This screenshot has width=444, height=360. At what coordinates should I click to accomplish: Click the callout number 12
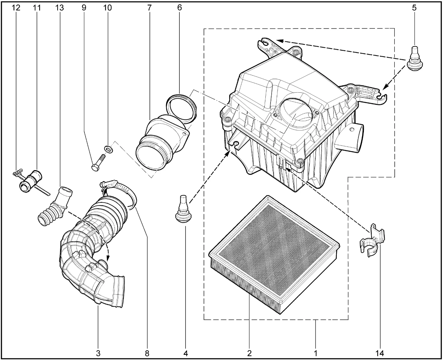click(x=16, y=8)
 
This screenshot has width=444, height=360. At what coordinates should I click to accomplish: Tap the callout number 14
click(x=379, y=353)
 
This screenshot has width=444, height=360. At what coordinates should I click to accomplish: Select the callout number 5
click(x=414, y=8)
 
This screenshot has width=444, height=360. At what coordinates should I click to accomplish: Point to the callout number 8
click(x=147, y=353)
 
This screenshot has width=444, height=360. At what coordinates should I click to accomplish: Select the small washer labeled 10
click(x=108, y=149)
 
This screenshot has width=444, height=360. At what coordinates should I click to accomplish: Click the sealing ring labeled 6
click(x=181, y=109)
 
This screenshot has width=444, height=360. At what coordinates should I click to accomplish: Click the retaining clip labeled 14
click(x=373, y=241)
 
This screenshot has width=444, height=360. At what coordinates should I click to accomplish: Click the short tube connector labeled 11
click(x=31, y=181)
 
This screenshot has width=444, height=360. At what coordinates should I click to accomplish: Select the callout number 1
click(x=316, y=353)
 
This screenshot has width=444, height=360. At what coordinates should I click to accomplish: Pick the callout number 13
click(x=59, y=8)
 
